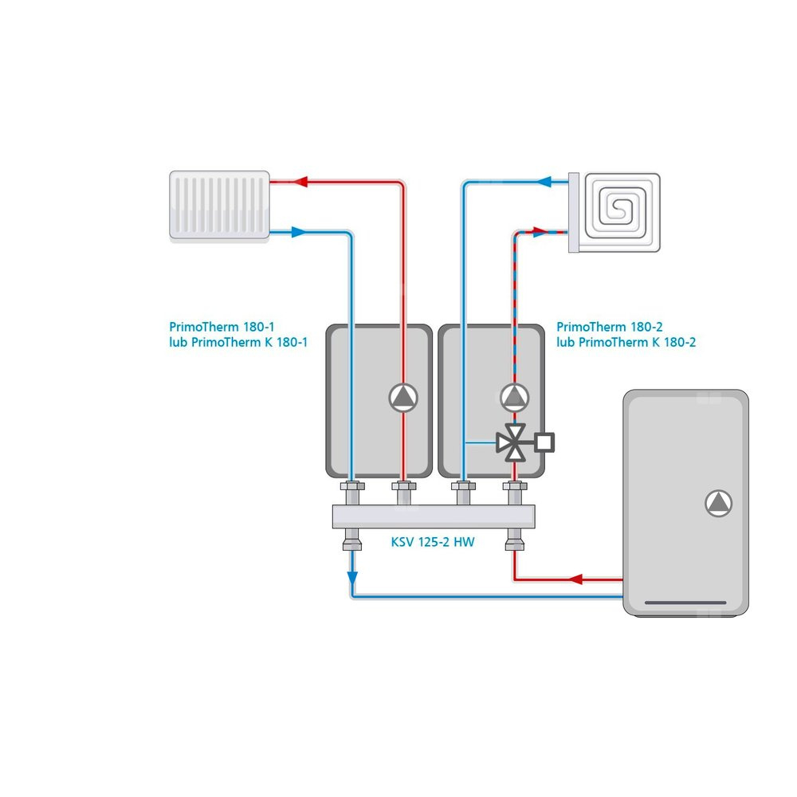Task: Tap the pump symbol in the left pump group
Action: coord(404,398)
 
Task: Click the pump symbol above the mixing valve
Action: coord(514,397)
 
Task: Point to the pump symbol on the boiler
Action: coord(717,503)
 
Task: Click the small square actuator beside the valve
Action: coord(545,441)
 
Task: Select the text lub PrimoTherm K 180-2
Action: coord(626,342)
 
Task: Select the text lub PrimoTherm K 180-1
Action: coord(238,342)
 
